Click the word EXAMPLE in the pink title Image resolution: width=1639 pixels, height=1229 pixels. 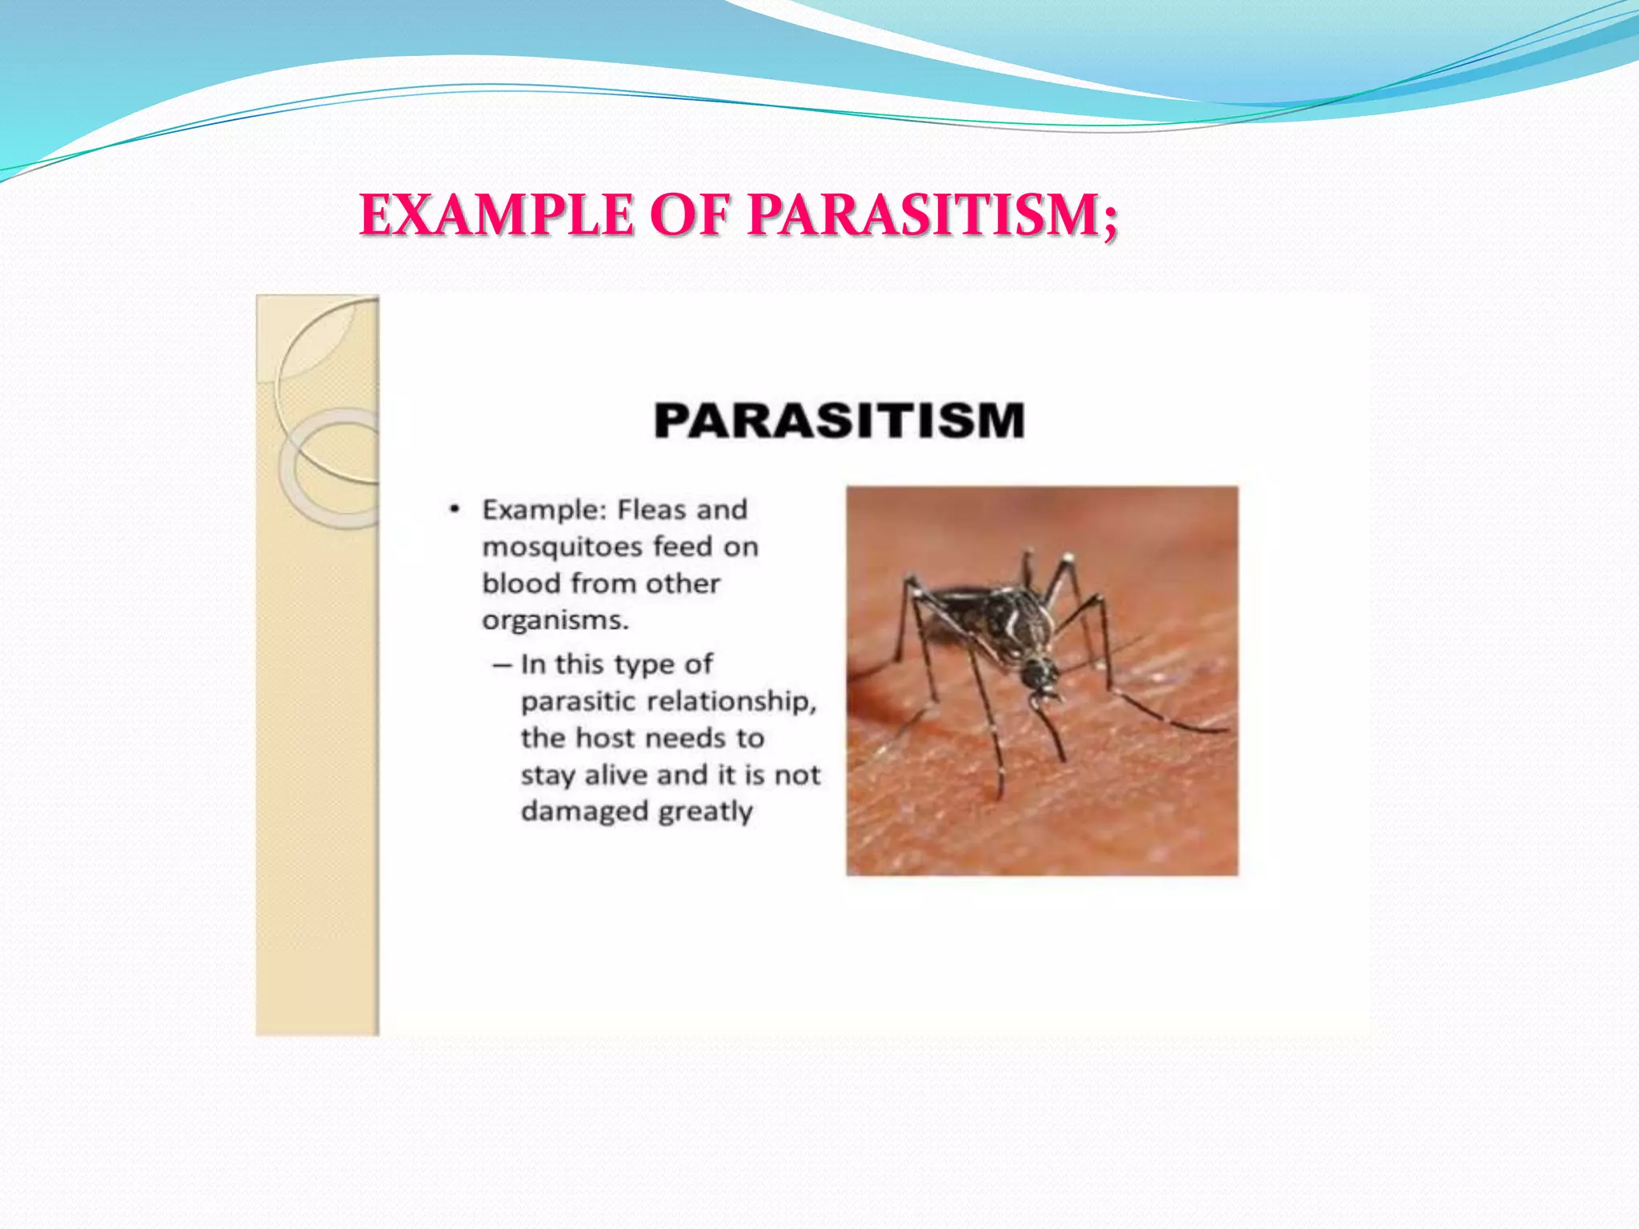click(497, 215)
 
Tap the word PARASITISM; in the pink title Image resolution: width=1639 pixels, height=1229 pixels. click(933, 215)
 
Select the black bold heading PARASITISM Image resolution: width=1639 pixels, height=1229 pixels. click(839, 421)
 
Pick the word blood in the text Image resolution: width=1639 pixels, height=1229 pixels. click(522, 583)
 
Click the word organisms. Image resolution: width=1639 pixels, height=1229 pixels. click(555, 621)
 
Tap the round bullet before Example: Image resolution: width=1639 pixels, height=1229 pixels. click(455, 510)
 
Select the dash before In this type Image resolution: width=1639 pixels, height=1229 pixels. click(502, 665)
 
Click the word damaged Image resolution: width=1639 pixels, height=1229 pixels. click(584, 811)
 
